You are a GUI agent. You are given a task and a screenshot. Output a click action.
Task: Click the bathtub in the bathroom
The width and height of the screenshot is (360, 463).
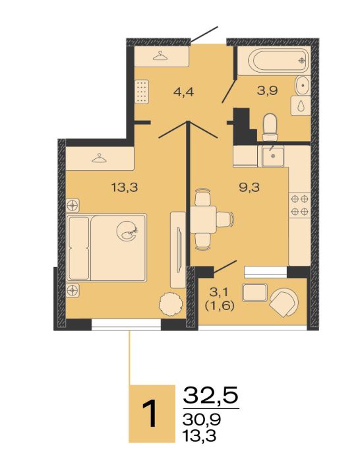click(278, 61)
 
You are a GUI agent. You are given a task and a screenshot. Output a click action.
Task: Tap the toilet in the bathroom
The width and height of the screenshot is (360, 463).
click(270, 127)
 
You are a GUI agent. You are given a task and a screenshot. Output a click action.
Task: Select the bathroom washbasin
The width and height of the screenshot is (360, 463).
click(303, 85)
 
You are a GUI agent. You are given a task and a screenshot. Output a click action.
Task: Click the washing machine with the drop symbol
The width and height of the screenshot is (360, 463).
click(301, 106)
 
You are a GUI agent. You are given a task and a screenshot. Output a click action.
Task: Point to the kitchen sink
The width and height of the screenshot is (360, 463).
click(273, 156)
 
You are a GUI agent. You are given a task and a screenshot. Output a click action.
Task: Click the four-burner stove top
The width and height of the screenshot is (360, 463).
click(299, 206)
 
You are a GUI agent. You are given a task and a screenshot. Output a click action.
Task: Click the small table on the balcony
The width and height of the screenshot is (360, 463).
click(255, 292)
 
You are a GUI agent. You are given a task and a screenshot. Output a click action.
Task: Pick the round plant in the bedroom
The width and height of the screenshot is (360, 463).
click(171, 305)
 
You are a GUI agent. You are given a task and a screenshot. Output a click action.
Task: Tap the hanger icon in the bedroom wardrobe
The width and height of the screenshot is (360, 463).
click(99, 158)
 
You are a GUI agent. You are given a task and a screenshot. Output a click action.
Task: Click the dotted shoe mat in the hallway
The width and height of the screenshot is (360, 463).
click(142, 92)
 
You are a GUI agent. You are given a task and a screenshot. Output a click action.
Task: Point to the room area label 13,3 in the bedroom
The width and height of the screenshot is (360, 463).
click(125, 187)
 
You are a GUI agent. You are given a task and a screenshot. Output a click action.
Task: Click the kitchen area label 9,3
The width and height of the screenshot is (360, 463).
click(249, 187)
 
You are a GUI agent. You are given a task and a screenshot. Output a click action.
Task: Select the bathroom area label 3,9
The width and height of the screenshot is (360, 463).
click(267, 90)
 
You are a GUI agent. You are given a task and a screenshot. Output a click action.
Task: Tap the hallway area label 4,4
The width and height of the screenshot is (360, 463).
click(183, 92)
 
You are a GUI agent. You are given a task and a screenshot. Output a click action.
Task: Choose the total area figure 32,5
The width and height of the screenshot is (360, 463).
click(210, 396)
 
